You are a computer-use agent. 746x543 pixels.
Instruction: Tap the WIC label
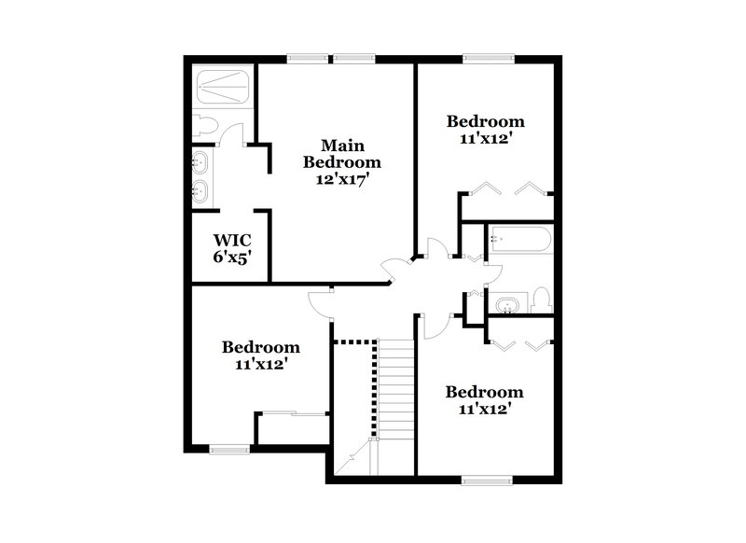[229, 239]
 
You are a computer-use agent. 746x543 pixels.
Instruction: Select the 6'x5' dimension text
[229, 256]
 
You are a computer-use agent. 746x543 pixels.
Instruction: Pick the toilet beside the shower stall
[205, 125]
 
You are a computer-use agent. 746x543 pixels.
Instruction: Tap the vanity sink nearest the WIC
[200, 192]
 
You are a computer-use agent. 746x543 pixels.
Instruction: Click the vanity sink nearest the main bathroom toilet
[200, 163]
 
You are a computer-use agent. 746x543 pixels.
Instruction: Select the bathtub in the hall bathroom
[519, 241]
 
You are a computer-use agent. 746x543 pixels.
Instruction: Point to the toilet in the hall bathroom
[543, 300]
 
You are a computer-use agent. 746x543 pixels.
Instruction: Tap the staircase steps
[395, 387]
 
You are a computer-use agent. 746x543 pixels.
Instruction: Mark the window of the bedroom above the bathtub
[489, 58]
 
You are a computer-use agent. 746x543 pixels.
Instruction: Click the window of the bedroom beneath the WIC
[229, 450]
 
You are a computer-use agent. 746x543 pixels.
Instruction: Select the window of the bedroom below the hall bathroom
[487, 480]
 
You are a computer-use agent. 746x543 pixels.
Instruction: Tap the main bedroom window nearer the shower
[306, 58]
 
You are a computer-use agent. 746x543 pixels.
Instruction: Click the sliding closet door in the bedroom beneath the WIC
[292, 413]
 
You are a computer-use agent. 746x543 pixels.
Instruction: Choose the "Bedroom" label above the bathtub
[485, 121]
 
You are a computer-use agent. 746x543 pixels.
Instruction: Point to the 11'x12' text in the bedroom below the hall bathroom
[484, 409]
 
